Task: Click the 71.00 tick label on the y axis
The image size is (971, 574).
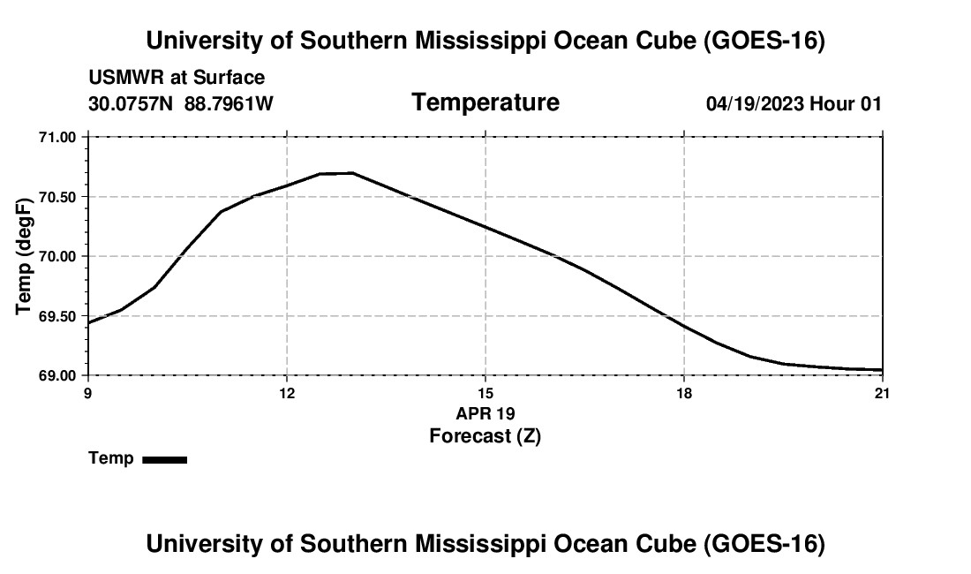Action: pos(57,137)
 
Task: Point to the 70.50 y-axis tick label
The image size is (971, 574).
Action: pos(57,197)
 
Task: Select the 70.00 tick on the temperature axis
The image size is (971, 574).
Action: pos(57,256)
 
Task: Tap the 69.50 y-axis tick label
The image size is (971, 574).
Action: pos(57,316)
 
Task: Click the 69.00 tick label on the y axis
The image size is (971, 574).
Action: pos(57,376)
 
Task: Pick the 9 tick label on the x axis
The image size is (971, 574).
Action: pos(88,393)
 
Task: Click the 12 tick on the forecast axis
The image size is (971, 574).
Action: pos(287,393)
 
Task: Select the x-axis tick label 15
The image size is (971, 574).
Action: pos(485,393)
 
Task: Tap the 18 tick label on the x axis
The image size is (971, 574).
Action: pos(683,393)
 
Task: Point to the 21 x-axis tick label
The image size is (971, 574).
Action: pos(882,393)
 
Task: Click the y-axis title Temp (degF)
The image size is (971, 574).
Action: pos(24,256)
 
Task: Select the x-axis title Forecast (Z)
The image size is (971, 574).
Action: pos(485,436)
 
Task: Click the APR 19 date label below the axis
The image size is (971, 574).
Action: pos(485,413)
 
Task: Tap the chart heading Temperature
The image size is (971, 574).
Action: pos(485,102)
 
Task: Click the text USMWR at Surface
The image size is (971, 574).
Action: pos(177,78)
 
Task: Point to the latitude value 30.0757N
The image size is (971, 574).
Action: pos(131,103)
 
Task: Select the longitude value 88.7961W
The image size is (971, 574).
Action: pos(229,103)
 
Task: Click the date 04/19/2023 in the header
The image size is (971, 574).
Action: pos(755,103)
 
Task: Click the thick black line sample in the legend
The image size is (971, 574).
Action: pos(165,459)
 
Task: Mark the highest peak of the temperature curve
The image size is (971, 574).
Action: pos(352,173)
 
